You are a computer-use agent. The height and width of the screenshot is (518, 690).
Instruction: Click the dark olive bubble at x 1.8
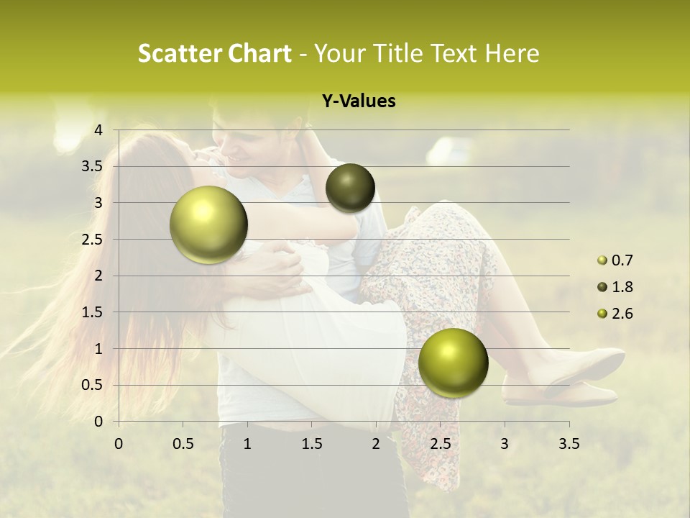tap(350, 188)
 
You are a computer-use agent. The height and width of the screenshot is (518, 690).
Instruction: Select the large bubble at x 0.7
tap(208, 225)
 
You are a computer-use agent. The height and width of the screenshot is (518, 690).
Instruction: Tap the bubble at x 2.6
tap(453, 362)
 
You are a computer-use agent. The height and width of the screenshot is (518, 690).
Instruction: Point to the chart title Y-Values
tap(359, 101)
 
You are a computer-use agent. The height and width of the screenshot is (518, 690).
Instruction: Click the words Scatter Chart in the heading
tap(214, 53)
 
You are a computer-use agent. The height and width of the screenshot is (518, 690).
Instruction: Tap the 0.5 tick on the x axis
tap(183, 444)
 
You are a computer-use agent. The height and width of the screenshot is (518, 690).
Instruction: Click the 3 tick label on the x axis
tap(505, 444)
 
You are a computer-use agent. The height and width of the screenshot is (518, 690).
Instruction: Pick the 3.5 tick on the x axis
tap(569, 444)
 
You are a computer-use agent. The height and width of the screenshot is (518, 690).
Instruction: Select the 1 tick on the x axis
tap(247, 444)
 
